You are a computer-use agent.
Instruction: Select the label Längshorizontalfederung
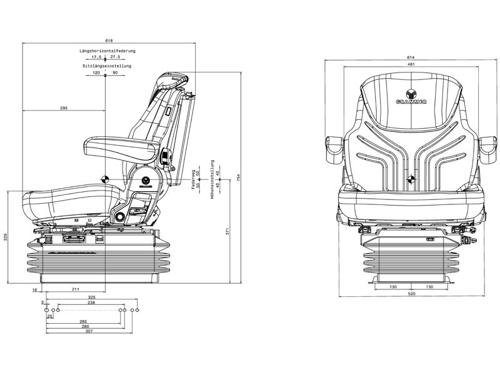coord(107,51)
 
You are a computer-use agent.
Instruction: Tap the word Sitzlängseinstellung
coord(106,66)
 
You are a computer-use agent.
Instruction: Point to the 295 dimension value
coord(64,108)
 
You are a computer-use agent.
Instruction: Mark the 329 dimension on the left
coord(6,237)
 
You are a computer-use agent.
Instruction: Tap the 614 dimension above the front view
coord(411,57)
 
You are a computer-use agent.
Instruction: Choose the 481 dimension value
coord(411,64)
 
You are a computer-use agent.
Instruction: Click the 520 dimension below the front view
coord(411,293)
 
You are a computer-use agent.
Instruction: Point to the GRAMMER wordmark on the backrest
coord(411,101)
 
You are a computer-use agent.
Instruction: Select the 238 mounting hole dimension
coord(91,302)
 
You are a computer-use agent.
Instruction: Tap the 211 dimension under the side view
coord(76,289)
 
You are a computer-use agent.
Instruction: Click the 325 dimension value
coord(91,297)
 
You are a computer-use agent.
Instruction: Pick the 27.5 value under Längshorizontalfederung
coord(115,57)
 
